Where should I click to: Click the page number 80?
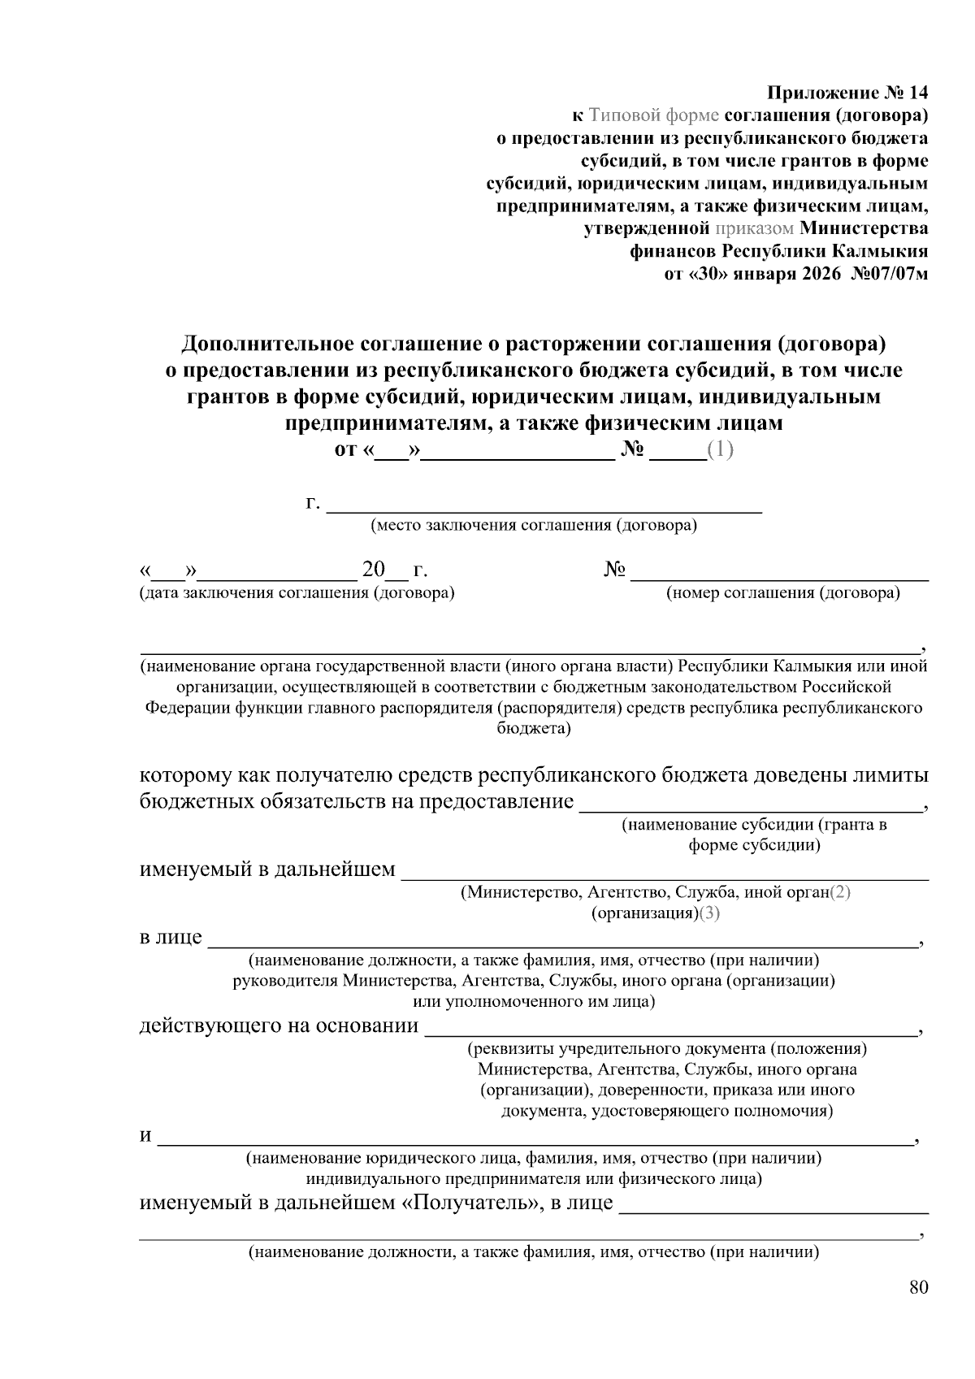[918, 1287]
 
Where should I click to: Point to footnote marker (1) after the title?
[720, 449]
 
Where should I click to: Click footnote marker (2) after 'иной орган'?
[839, 892]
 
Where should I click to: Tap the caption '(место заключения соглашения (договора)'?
[534, 525]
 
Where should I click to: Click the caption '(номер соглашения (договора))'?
[782, 592]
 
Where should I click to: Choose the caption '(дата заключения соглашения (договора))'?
[297, 592]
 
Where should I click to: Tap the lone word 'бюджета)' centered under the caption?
[534, 728]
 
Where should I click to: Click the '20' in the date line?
[374, 570]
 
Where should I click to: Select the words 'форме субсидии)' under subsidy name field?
[753, 845]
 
